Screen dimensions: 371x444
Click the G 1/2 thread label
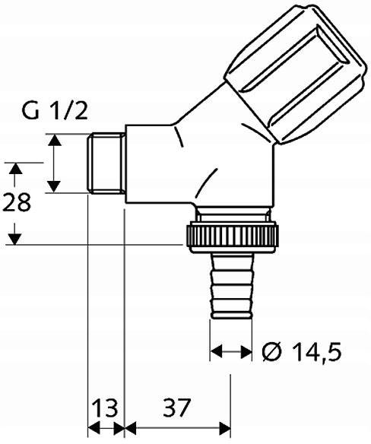coord(55,110)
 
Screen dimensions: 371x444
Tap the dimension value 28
coord(17,202)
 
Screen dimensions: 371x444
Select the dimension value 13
coord(106,408)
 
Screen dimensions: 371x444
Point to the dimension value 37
coord(176,408)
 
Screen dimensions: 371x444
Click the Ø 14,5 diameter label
coord(302,352)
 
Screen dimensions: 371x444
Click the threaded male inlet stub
coord(106,163)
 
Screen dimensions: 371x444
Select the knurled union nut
coord(232,236)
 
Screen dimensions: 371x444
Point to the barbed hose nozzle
coord(231,286)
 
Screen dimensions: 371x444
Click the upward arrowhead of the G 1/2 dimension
coord(55,140)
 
